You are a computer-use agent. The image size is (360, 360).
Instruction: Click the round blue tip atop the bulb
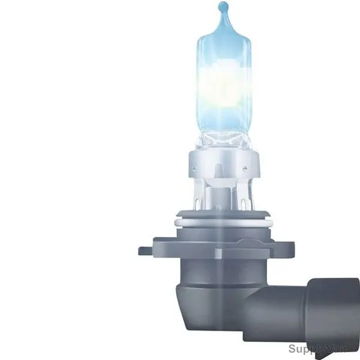click(223, 5)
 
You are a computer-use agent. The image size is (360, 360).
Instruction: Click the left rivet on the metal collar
click(194, 168)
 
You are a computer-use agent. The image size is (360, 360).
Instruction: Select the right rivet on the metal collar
click(245, 168)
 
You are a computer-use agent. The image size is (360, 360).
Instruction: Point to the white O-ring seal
click(223, 223)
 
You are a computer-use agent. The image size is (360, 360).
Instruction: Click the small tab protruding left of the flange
click(146, 251)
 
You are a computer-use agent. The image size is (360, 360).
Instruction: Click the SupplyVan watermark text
click(317, 349)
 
